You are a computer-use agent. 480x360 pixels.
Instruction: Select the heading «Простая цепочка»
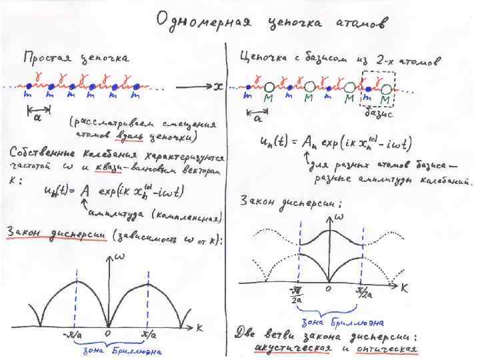(x=75, y=59)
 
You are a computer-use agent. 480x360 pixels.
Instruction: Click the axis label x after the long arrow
(x=218, y=86)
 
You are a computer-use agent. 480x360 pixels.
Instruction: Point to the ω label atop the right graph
(x=339, y=217)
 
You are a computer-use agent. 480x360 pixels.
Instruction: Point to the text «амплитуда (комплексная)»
(x=154, y=215)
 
